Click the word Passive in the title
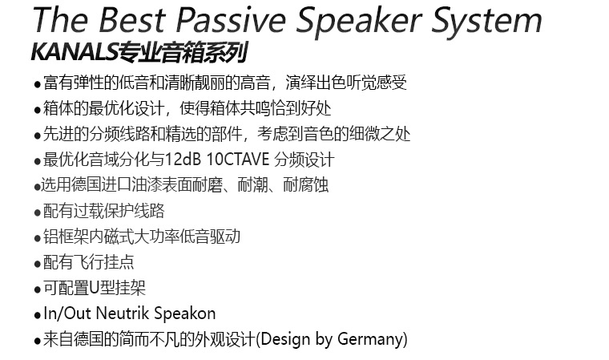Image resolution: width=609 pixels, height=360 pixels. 231,20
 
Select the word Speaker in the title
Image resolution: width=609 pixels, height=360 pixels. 359,22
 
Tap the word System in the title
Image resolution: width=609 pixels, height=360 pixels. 487,22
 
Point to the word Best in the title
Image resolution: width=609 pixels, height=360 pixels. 132,19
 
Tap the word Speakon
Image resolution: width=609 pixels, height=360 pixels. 185,314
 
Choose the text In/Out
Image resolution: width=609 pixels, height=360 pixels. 67,313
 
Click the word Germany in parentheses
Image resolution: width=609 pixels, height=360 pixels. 371,339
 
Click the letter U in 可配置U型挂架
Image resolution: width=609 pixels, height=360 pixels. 95,288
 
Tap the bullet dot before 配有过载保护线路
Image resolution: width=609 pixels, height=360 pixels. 38,213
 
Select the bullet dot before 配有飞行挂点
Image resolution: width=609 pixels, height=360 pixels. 38,265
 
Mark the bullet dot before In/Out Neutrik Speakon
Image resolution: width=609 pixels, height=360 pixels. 38,315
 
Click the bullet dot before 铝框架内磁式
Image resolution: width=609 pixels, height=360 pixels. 38,238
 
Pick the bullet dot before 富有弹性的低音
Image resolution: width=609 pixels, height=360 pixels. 38,84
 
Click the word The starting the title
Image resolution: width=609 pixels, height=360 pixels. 61,19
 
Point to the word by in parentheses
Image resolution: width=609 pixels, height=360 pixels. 325,339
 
